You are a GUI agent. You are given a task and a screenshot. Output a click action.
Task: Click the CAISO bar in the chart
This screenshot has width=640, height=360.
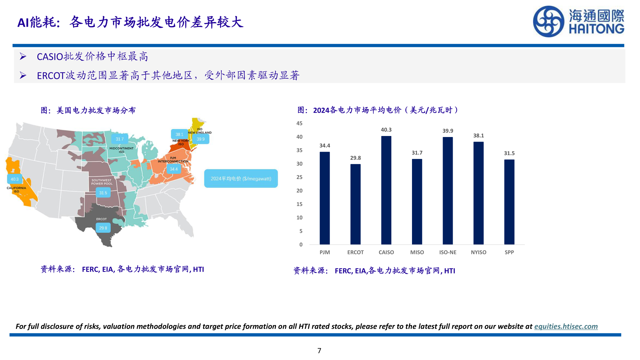click(386, 190)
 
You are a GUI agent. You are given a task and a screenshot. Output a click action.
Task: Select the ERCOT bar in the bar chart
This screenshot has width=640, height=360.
click(355, 204)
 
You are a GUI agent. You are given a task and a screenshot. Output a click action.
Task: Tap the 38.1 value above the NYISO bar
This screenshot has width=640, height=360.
click(478, 136)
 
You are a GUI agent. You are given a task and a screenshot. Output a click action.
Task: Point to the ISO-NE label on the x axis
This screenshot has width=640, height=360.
click(448, 252)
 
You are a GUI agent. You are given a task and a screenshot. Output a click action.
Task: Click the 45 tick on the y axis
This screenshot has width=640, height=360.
click(299, 123)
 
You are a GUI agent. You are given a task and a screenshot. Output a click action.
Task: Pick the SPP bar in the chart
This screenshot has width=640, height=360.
click(509, 202)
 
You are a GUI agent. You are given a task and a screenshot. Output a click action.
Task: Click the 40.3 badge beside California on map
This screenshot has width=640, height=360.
click(15, 179)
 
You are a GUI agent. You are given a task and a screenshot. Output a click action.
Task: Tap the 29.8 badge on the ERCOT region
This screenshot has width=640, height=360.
click(103, 228)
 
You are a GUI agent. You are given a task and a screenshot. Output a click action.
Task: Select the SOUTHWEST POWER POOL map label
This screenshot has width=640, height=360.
click(102, 182)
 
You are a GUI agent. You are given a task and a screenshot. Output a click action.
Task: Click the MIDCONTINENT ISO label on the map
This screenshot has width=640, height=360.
click(121, 150)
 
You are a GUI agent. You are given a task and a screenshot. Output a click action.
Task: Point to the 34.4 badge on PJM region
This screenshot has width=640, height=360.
click(174, 169)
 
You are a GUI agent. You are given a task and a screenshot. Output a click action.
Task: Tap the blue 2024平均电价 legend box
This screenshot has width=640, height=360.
click(241, 179)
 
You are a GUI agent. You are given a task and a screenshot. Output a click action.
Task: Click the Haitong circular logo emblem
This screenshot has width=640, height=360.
click(548, 21)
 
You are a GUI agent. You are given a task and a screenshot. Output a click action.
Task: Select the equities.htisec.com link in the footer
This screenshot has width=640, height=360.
click(566, 326)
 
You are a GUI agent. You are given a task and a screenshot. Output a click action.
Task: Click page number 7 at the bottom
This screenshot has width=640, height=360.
click(319, 351)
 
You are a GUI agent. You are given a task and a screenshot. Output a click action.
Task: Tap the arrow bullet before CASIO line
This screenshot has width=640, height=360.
click(23, 57)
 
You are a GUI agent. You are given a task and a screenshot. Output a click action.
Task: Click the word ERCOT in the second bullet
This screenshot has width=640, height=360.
click(51, 76)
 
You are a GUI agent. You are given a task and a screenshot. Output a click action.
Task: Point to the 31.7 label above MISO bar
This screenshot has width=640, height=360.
click(417, 153)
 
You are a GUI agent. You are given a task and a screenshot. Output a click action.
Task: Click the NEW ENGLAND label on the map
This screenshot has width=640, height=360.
click(200, 132)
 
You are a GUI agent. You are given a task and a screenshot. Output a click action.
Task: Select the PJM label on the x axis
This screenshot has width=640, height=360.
click(324, 252)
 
